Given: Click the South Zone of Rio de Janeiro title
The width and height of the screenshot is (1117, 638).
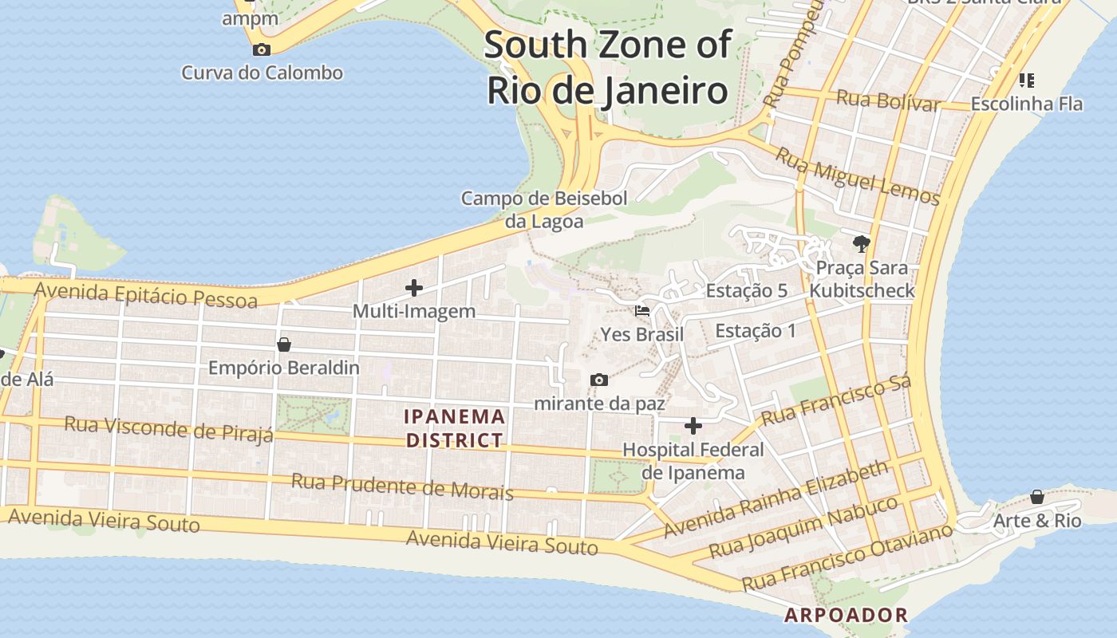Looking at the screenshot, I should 607,67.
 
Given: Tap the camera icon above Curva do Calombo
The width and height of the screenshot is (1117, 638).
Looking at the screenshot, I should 262,49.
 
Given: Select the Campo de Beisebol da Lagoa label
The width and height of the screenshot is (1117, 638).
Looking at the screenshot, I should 544,210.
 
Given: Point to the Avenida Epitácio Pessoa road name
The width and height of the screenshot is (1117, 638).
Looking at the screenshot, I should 146,293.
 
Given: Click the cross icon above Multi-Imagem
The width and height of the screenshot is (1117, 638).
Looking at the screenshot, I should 414,288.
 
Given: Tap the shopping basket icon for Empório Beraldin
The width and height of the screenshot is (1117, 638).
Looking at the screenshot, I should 283,345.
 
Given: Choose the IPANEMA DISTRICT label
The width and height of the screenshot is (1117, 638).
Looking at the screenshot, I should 455,428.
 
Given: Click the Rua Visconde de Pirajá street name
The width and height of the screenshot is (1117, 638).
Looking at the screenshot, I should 168,427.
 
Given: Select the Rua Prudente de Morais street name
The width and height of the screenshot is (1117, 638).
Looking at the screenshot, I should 402,486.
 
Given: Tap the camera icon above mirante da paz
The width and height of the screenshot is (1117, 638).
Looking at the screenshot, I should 598,380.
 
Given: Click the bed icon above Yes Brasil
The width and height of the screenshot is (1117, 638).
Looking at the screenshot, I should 642,310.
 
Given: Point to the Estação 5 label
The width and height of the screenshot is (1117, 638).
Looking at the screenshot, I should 747,291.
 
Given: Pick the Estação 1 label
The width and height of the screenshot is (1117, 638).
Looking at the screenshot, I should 756,331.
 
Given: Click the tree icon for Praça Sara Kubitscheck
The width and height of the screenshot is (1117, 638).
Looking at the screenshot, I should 861,243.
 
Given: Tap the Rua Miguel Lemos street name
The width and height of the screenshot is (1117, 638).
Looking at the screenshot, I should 858,177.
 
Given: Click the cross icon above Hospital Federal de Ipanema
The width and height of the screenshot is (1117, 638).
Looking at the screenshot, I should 693,426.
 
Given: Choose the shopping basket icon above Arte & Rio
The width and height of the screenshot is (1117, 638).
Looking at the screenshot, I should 1036,497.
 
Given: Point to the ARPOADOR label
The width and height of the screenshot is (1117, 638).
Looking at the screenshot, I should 847,615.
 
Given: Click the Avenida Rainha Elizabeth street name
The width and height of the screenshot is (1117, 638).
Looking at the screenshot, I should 776,498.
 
